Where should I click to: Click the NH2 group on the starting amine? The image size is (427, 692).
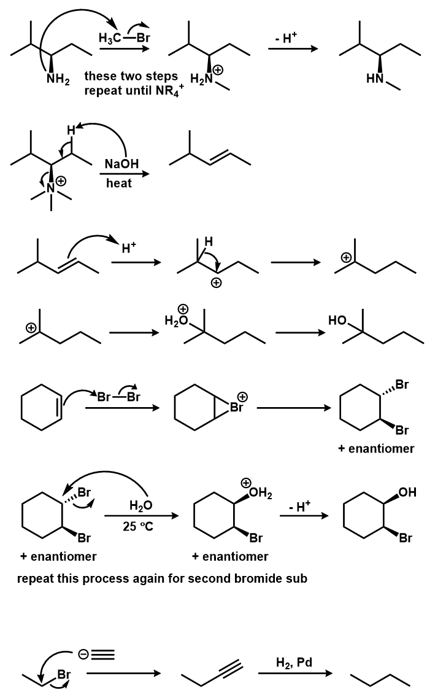(58, 80)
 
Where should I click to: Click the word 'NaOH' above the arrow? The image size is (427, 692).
(121, 164)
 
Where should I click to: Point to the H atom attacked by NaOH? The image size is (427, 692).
(71, 130)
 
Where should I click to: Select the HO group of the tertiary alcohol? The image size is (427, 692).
(338, 321)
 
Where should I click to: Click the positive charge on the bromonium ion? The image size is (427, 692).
(242, 396)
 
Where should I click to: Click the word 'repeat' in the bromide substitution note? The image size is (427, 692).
(36, 578)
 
